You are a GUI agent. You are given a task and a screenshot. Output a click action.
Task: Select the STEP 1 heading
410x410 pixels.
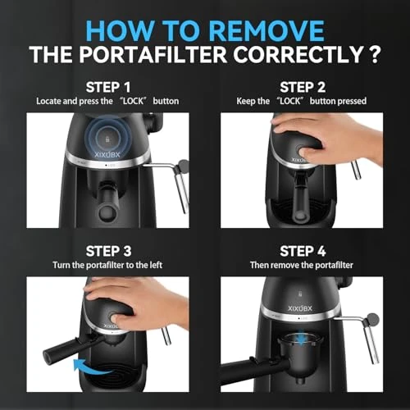[108, 86]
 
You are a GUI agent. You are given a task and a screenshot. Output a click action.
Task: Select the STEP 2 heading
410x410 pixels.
[303, 86]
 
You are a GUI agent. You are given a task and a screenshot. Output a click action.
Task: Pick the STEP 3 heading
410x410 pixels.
[108, 249]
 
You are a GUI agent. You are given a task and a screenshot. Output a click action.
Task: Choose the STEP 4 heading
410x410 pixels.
[303, 249]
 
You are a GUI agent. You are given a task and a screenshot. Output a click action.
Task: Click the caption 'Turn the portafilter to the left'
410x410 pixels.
[108, 266]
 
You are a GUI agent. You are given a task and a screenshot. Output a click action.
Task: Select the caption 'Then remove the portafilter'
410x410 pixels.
[303, 266]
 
